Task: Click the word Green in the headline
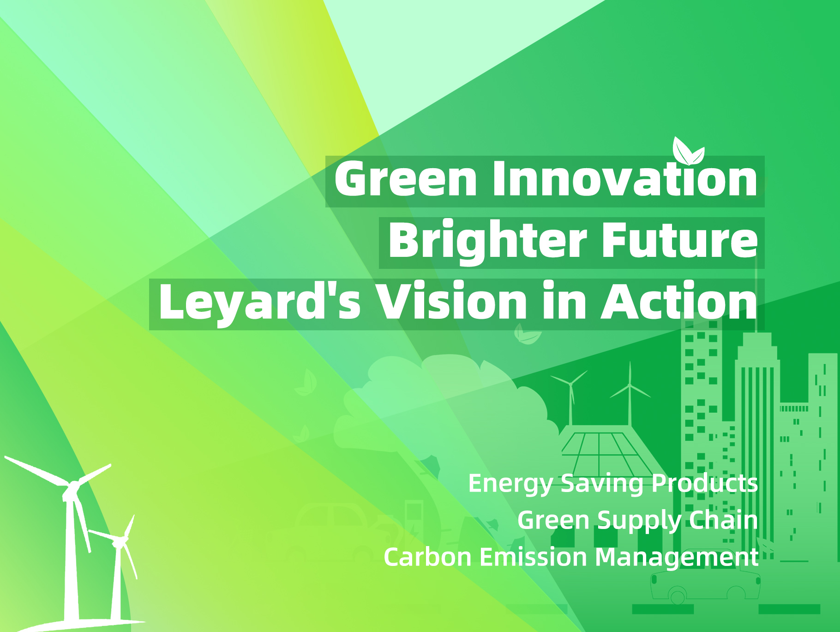tap(406, 179)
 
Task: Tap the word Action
tap(679, 301)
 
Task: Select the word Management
tap(677, 558)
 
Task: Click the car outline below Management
tap(705, 586)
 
